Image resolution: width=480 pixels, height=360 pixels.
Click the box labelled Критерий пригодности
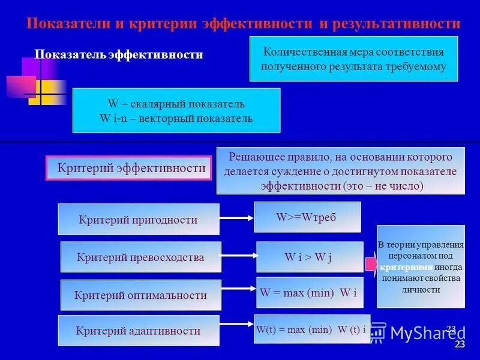click(x=139, y=220)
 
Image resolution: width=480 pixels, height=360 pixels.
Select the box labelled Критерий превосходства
click(x=141, y=257)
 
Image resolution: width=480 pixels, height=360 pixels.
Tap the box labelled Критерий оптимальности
click(x=141, y=295)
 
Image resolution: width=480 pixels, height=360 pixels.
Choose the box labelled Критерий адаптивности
click(x=139, y=331)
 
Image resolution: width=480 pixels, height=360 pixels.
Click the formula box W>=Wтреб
click(x=307, y=217)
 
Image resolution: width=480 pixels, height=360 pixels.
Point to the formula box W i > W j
click(x=310, y=257)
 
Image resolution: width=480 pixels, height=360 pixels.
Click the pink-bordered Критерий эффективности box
click(x=129, y=169)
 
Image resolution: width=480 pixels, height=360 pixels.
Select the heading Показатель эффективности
click(x=118, y=55)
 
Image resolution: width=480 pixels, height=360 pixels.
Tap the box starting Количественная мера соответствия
click(x=353, y=59)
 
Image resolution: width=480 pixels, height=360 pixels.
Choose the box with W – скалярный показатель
click(x=176, y=111)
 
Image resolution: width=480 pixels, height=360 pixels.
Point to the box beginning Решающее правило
click(x=340, y=171)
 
